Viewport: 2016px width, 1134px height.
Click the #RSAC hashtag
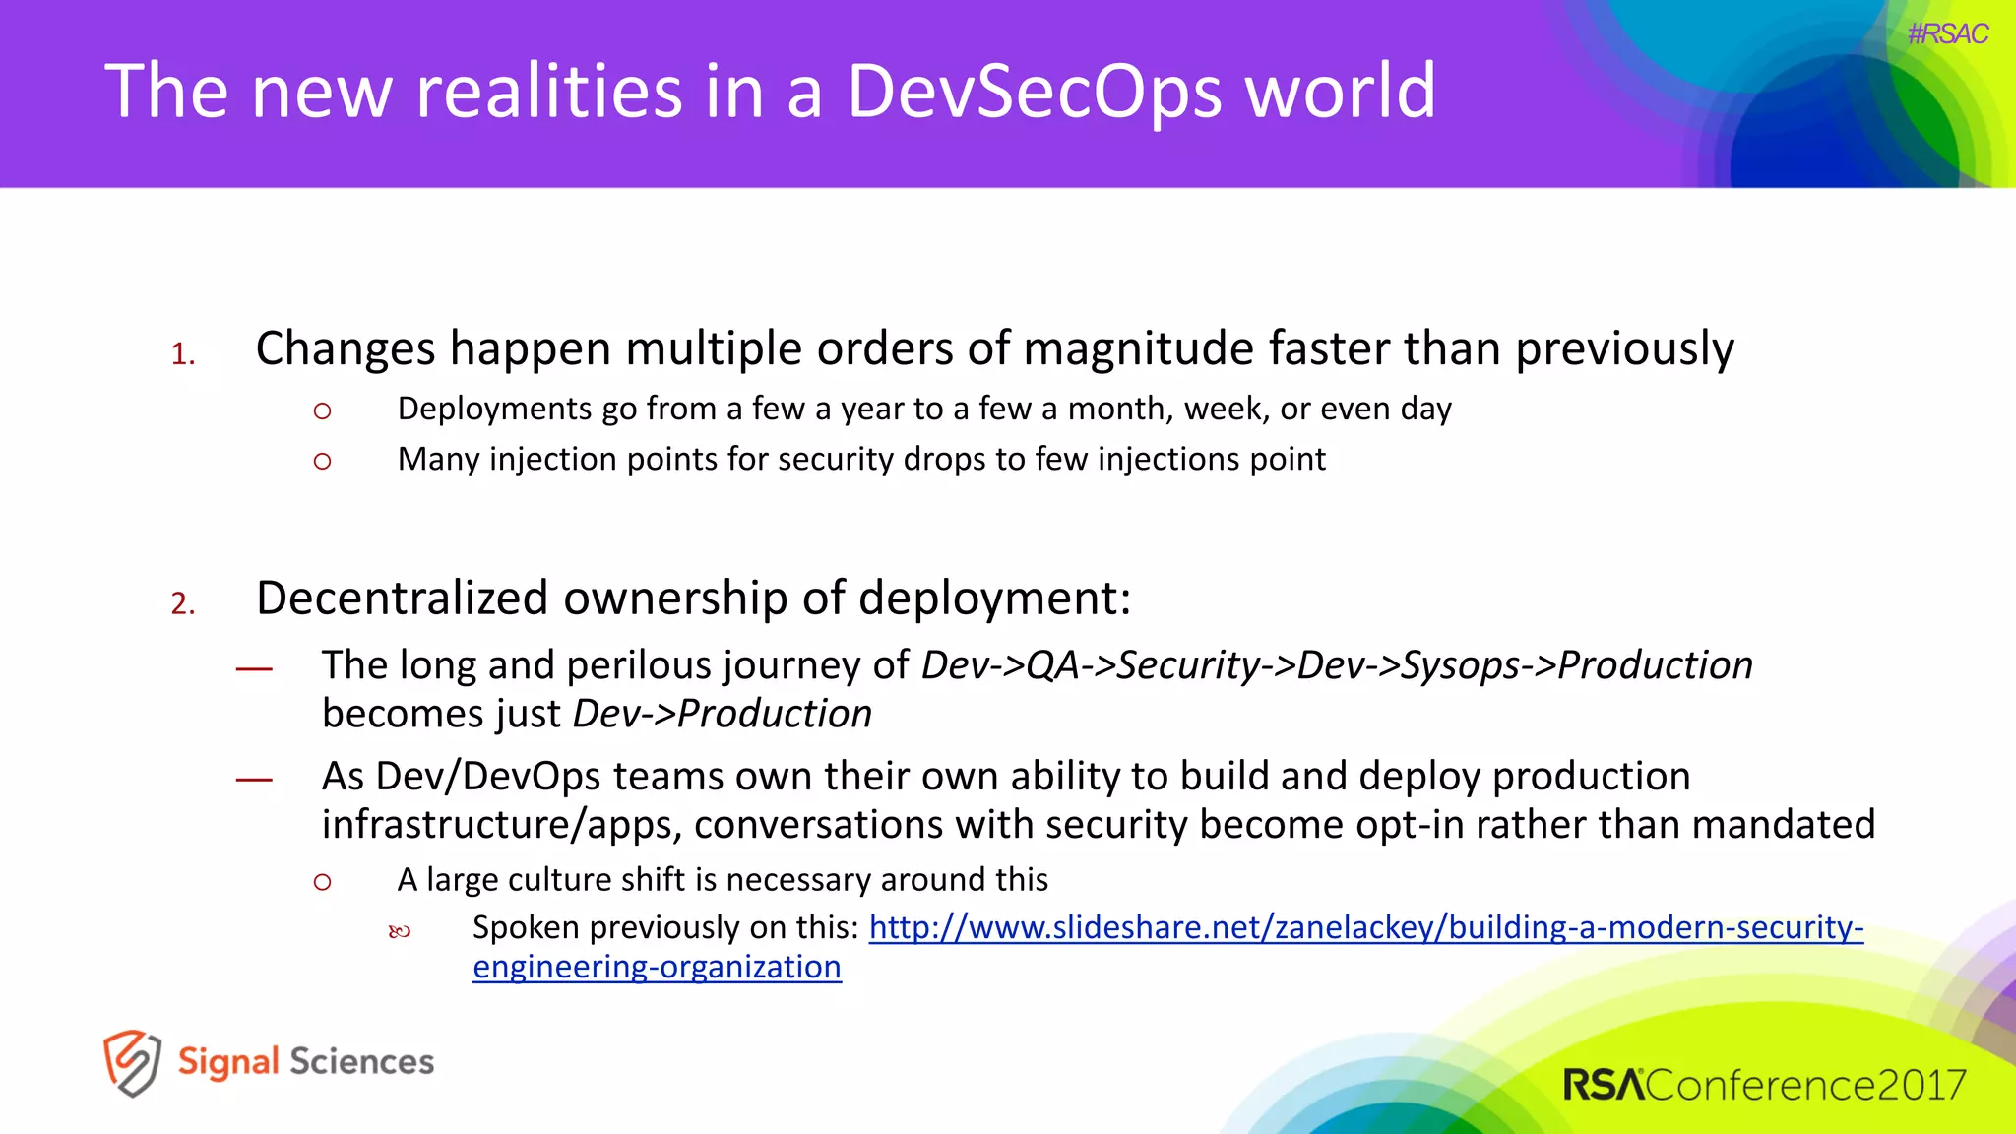1947,33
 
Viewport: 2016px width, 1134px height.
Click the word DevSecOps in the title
1033,91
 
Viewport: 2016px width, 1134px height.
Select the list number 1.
183,354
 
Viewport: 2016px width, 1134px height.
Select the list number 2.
183,603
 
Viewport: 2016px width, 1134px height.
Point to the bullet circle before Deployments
322,411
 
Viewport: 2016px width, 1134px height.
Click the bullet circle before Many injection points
322,461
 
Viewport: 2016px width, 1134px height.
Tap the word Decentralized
402,598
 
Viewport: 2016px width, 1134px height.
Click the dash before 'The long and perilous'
254,669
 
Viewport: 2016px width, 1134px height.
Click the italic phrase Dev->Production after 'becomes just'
722,715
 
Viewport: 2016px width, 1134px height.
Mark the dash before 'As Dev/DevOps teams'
254,780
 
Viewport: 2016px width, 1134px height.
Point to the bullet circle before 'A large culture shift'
322,882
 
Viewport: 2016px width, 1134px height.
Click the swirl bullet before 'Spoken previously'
399,931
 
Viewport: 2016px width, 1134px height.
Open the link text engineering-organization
657,968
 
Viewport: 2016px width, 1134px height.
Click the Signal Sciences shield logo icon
132,1062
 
